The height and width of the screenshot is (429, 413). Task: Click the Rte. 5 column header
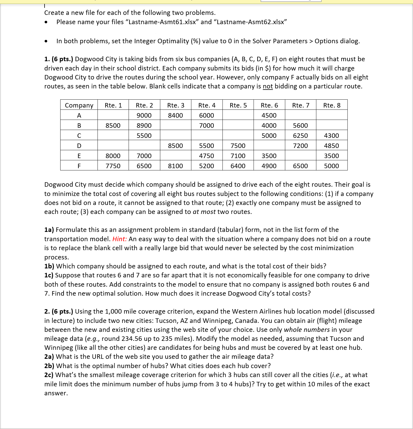click(238, 105)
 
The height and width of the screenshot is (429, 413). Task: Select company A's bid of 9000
click(144, 115)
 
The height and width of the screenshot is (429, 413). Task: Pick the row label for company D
click(79, 146)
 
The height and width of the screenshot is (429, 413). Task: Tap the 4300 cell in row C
click(331, 136)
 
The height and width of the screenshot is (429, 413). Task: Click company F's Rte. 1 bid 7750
click(113, 166)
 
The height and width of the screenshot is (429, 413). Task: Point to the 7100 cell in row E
click(238, 156)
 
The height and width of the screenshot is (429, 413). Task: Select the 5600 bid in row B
click(300, 125)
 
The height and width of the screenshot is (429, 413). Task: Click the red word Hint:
click(120, 239)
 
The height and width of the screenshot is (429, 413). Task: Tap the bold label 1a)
click(49, 230)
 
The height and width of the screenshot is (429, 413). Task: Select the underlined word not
click(268, 86)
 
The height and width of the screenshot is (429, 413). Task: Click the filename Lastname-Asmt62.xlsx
click(250, 22)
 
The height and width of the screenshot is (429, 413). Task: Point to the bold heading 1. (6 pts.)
click(59, 59)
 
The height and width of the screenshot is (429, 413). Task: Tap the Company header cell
click(79, 105)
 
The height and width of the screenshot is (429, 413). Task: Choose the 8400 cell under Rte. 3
click(175, 115)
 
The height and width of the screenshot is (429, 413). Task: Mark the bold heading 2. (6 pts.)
click(59, 311)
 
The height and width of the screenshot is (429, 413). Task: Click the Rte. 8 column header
click(332, 105)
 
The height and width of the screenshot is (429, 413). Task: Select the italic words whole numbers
click(307, 330)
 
